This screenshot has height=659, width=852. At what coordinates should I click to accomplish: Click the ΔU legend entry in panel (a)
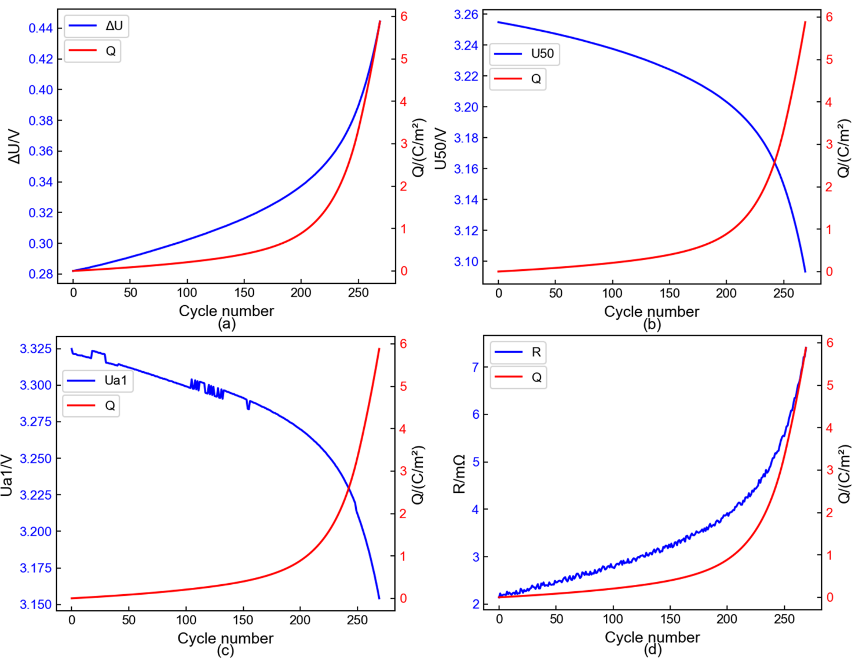96,26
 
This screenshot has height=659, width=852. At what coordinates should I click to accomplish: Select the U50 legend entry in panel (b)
524,54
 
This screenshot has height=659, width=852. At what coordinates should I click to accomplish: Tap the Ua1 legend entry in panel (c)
97,380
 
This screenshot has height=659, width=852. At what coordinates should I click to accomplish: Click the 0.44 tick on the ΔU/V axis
41,28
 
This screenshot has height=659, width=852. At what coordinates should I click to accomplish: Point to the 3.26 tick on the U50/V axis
466,14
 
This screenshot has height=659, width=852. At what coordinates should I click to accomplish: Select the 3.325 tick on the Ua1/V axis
36,349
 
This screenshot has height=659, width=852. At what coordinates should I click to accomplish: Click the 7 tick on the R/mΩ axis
476,367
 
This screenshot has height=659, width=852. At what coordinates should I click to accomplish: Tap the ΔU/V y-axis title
14,147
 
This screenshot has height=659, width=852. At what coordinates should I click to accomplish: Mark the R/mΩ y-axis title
459,474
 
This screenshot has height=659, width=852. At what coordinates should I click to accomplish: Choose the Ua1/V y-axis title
7,475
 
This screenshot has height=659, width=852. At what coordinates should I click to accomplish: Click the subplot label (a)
226,324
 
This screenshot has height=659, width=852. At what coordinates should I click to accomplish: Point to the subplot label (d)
652,650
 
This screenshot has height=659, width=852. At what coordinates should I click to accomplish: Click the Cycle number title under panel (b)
652,312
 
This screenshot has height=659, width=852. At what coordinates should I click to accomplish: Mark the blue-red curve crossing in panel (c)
349,490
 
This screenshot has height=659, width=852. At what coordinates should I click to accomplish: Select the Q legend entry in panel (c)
92,405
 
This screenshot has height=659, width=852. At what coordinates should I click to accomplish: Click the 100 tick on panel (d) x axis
613,619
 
